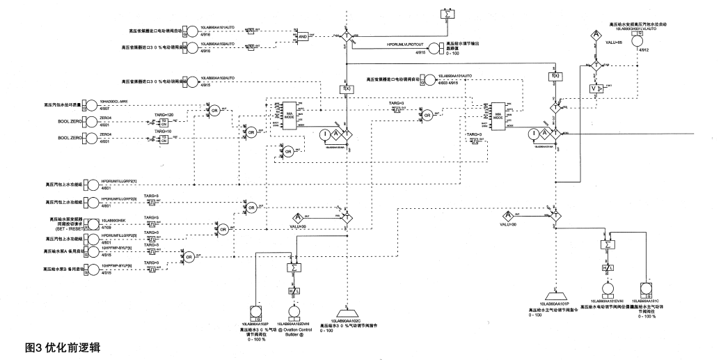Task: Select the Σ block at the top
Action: [448, 14]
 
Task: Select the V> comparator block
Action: [596, 88]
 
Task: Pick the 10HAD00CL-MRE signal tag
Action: [115, 102]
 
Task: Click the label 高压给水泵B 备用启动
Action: [63, 268]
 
